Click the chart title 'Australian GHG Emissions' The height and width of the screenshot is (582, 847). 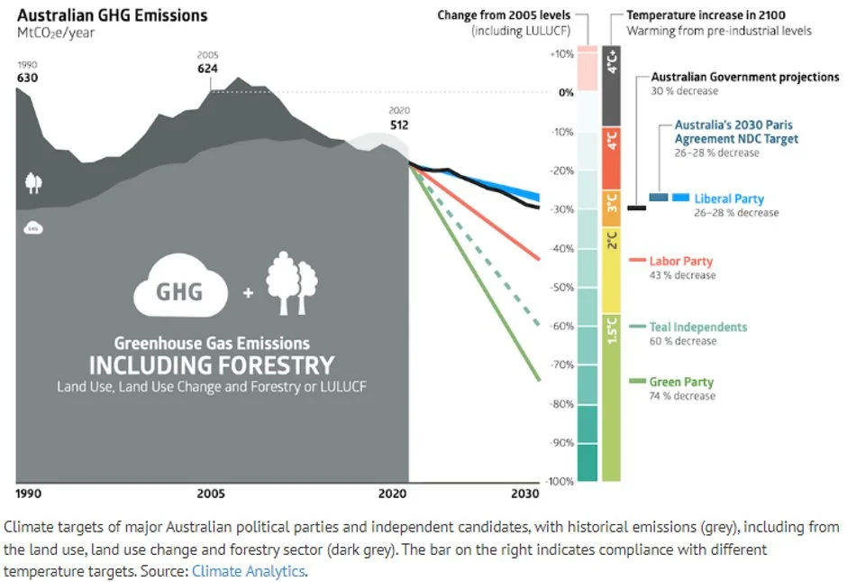[113, 15]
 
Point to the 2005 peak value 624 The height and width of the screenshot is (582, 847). [209, 68]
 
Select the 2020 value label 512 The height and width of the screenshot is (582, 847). [399, 125]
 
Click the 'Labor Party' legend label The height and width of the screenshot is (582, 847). [681, 262]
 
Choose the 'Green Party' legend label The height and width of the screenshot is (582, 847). [681, 382]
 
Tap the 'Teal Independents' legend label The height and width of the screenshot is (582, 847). [698, 328]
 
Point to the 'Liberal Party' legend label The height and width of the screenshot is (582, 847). [729, 199]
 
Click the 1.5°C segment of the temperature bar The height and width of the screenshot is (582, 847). [611, 397]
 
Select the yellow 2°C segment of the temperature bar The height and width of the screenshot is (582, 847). [611, 271]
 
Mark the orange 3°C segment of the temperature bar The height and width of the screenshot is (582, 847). [611, 208]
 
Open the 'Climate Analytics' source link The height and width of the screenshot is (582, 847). [249, 571]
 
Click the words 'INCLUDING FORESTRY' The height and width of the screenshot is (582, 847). [211, 365]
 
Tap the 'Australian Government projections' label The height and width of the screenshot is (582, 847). [744, 78]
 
